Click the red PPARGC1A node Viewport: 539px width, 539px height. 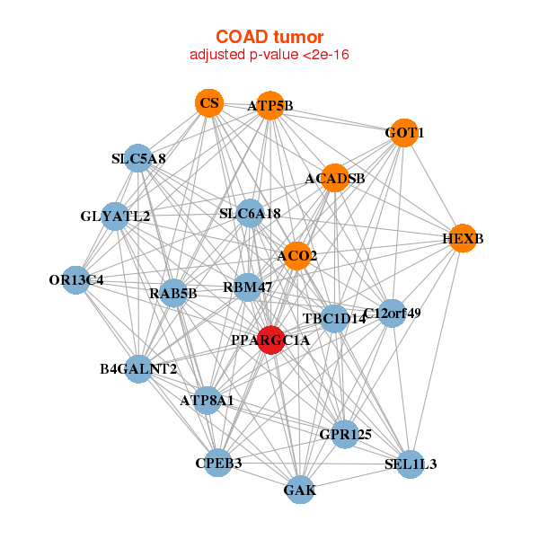[271, 340]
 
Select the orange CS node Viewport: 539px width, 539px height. [209, 102]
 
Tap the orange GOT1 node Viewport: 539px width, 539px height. [404, 133]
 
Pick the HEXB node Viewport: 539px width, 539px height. [463, 238]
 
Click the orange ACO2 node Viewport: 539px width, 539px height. [297, 256]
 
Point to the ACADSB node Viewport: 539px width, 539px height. [335, 178]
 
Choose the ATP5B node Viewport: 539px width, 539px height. [270, 105]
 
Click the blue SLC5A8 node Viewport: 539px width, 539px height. [137, 158]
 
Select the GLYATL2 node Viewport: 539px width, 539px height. [115, 216]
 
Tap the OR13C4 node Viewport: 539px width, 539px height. [76, 279]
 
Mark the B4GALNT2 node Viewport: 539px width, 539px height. [138, 369]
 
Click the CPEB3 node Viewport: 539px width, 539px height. [218, 463]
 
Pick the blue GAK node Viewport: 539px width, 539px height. [300, 490]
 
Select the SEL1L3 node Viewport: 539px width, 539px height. [411, 464]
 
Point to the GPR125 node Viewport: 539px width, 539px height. [345, 434]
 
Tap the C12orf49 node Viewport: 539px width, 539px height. [392, 314]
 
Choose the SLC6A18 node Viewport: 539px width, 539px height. [250, 213]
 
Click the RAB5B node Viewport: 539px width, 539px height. [173, 293]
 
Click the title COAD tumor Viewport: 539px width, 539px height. [269, 37]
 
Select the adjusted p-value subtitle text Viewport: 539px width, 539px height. [269, 55]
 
